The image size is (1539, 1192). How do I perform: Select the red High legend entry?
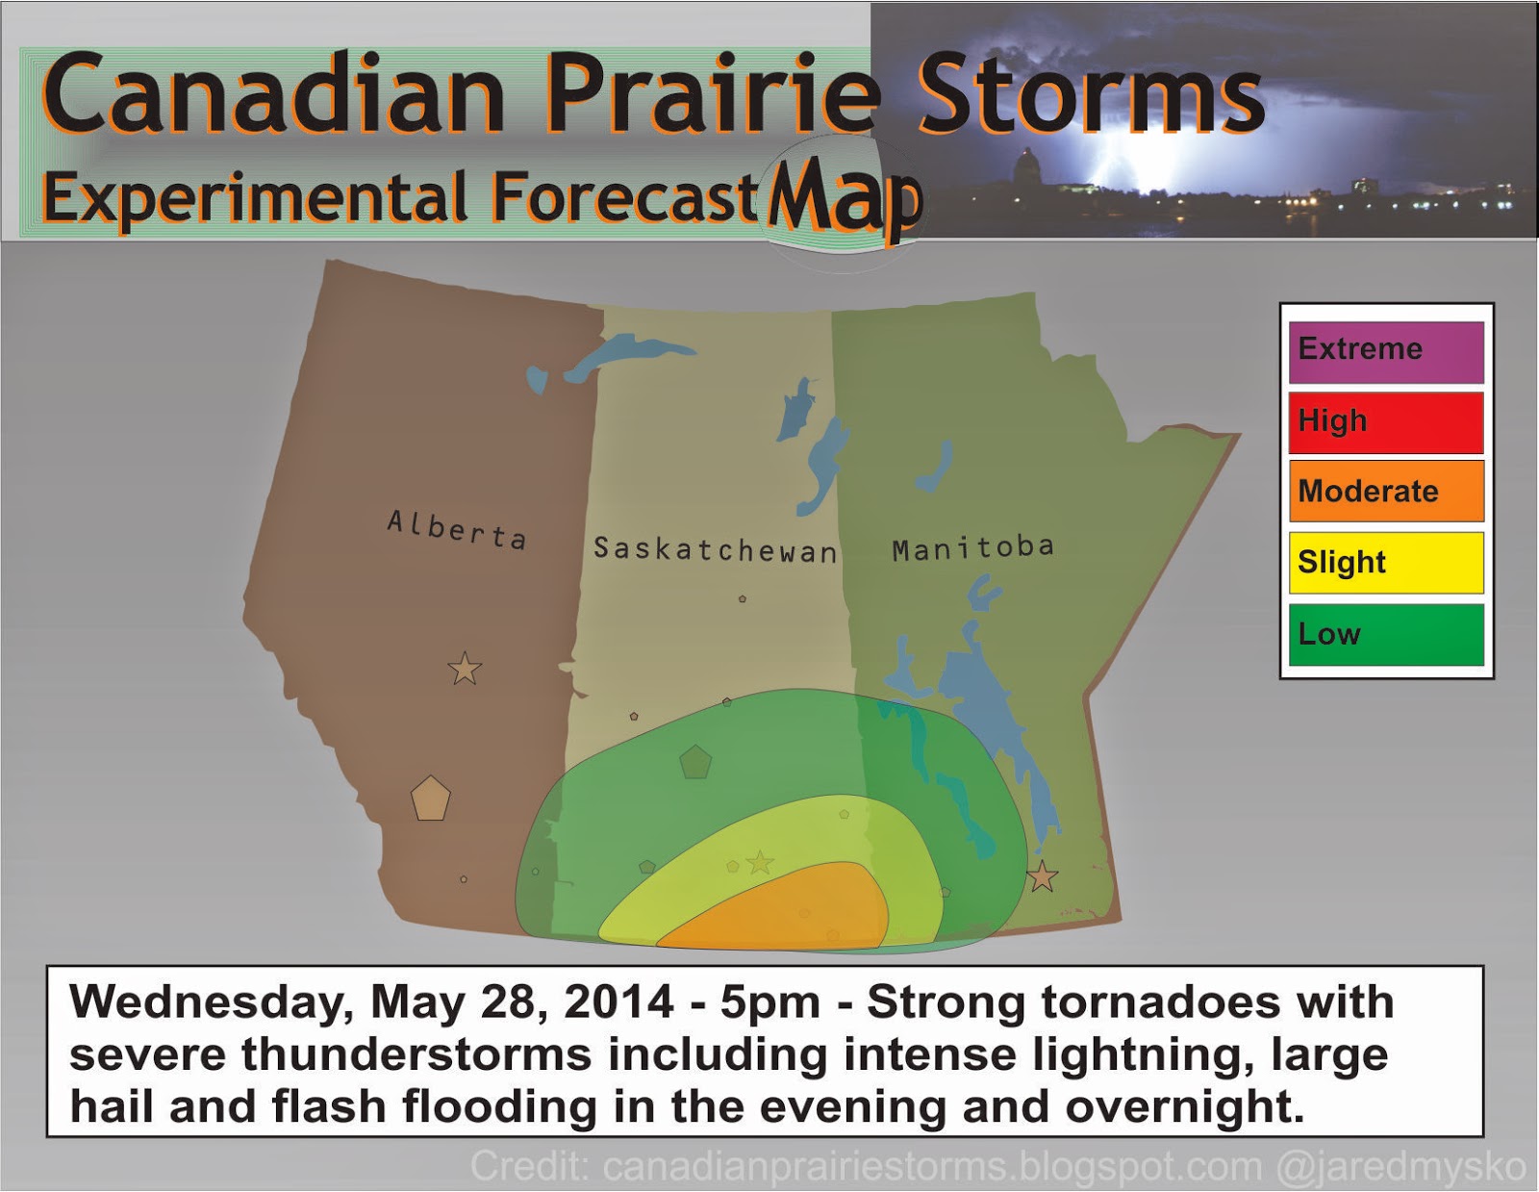1386,422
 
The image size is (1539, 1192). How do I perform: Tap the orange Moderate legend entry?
1386,492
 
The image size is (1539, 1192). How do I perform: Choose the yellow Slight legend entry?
1386,563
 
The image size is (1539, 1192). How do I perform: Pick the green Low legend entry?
1386,634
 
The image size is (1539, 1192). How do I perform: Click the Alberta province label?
457,530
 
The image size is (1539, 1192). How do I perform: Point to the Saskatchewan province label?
715,549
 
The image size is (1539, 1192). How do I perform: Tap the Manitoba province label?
972,548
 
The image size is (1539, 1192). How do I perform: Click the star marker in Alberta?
465,668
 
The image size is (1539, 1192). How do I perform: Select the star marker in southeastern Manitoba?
1042,877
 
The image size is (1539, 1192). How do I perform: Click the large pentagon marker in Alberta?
431,799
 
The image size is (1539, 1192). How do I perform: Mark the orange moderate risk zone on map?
789,909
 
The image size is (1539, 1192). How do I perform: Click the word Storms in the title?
1090,94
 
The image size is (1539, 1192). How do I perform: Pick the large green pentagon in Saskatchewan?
694,762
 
